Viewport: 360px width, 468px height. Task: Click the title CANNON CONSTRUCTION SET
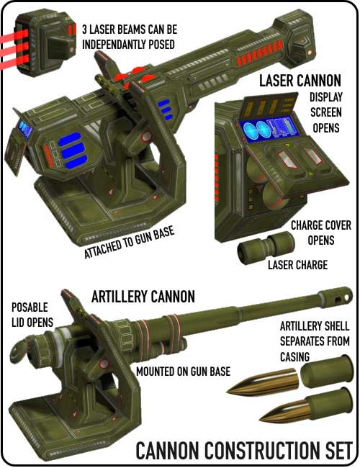(246, 450)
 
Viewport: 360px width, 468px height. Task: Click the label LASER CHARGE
(297, 265)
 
